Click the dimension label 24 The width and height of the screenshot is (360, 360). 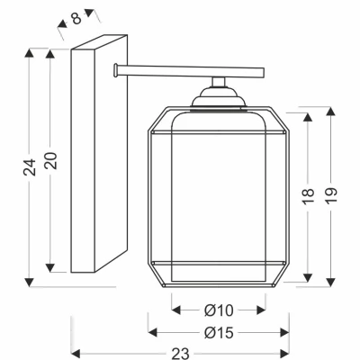coord(30,167)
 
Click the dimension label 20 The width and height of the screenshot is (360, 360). coord(51,161)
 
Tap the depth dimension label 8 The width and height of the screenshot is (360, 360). coord(76,18)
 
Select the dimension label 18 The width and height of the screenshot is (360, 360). coord(308,197)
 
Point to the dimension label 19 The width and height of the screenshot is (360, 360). coord(331,196)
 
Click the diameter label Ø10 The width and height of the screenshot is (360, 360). coord(219,310)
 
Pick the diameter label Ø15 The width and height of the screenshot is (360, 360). coord(219,332)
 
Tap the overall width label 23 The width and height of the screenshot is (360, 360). coord(180,353)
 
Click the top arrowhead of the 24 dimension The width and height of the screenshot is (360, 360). coord(29,52)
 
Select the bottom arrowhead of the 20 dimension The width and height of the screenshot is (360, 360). coord(49,268)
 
